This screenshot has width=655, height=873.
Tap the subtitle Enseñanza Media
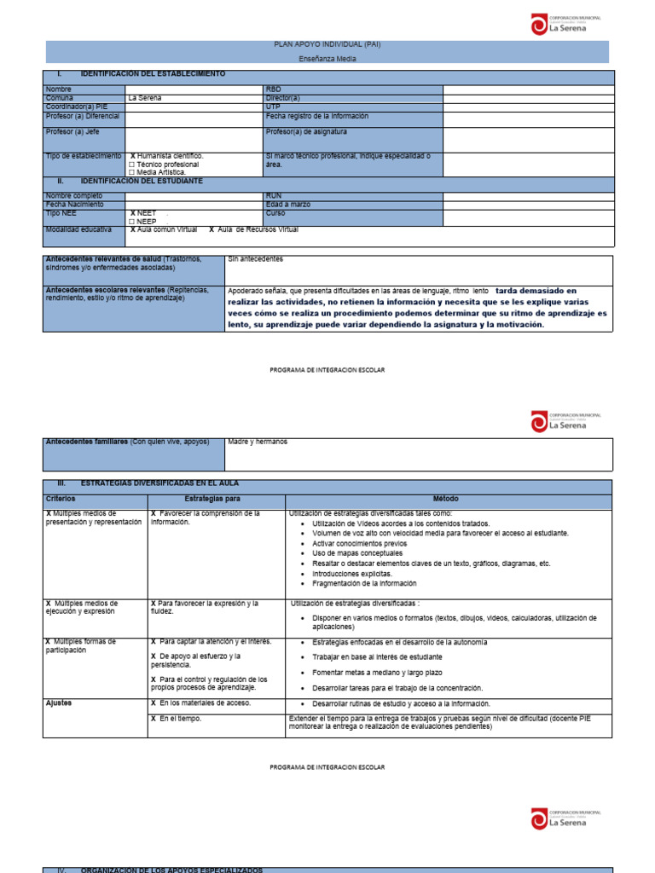327,59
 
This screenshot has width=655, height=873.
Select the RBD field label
273,89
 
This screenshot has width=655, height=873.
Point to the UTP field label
273,107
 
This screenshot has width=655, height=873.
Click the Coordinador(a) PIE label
77,107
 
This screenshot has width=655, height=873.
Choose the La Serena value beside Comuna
144,98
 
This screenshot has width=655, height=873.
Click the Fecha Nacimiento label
75,205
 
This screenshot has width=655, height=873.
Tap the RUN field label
274,195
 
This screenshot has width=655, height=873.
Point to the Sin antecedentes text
256,258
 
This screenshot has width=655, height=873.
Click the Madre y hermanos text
258,442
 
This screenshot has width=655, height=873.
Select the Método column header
449,498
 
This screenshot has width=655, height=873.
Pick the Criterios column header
61,498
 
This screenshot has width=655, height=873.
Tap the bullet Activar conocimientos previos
360,543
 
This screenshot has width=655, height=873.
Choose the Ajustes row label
58,703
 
